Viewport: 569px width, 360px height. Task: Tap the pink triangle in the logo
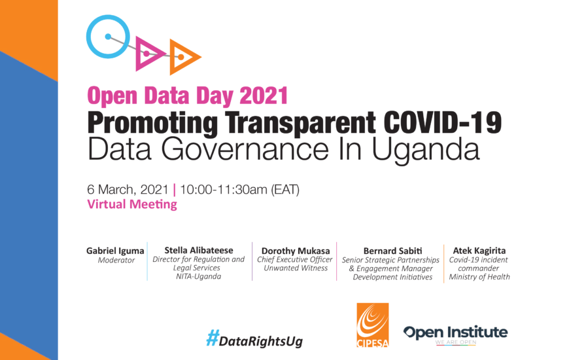coord(139,54)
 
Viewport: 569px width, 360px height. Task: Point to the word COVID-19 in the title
coord(443,123)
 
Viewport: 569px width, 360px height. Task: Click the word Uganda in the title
coord(426,150)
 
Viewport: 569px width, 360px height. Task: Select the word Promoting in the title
coord(152,124)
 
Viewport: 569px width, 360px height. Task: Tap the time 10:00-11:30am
coord(224,190)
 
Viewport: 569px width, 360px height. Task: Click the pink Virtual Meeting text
coord(132,204)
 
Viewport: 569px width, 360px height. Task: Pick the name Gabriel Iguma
coord(115,251)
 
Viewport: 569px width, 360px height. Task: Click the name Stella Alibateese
coord(199,250)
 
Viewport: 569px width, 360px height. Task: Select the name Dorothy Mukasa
coord(296,251)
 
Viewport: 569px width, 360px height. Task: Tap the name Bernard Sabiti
coord(392,251)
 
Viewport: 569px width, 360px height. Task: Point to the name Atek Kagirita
coord(479,250)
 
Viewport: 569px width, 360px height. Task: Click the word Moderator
coord(116,260)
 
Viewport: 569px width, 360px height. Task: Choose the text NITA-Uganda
coord(199,276)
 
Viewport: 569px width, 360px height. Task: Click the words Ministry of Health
coord(479,277)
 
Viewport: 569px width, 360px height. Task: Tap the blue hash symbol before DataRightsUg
coord(213,338)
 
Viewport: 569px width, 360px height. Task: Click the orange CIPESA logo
coord(373,325)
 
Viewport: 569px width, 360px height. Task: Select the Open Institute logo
coord(455,334)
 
